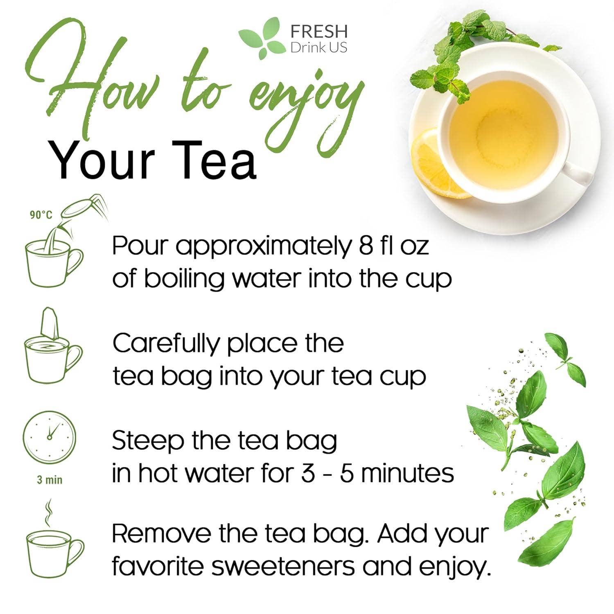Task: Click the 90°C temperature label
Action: click(x=41, y=215)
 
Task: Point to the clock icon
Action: click(x=49, y=437)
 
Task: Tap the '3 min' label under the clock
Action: click(x=50, y=479)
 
